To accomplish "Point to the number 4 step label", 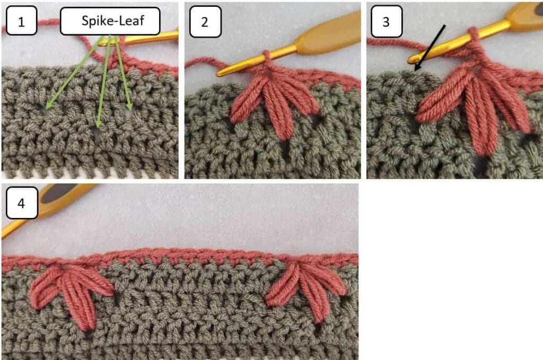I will tap(21, 203).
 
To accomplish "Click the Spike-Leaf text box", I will tap(110, 21).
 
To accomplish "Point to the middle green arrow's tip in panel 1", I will tap(98, 128).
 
